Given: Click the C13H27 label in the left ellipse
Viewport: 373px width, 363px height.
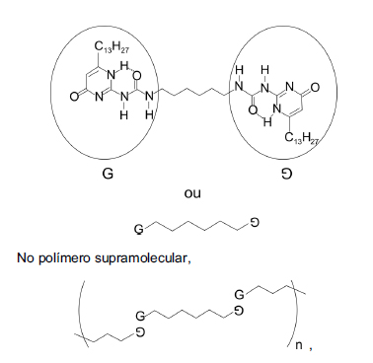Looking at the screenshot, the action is pos(112,47).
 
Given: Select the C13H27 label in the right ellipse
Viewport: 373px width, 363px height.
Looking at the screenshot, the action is pos(302,138).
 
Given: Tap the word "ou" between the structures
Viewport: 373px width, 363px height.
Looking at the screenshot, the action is pos(192,193).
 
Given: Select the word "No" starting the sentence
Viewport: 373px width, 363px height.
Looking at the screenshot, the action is pos(26,257).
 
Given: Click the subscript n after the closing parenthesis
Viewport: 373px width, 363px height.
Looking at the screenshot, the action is pos(299,345).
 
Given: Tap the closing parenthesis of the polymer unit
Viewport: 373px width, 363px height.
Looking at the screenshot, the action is pos(294,313).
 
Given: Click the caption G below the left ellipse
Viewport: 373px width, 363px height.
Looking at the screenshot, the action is pos(108,174).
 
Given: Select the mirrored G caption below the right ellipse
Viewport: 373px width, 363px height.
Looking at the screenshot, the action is pos(286,174).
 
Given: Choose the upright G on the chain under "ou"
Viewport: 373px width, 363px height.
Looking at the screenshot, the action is pos(139,229).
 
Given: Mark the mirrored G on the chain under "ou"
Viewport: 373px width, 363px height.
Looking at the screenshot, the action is pos(255,223).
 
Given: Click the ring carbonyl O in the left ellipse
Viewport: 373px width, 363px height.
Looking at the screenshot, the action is pos(75,97).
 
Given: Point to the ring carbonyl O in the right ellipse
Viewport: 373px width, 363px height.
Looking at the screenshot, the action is pos(315,88).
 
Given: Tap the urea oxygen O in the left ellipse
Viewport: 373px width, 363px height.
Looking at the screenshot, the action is pos(137,76).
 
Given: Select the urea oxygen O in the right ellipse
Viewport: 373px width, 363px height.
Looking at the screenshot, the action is pos(253,109).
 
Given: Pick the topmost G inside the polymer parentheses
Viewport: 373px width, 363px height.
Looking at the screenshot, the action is pos(240,294).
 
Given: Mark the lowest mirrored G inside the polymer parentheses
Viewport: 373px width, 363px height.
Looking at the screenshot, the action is pos(139,332).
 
